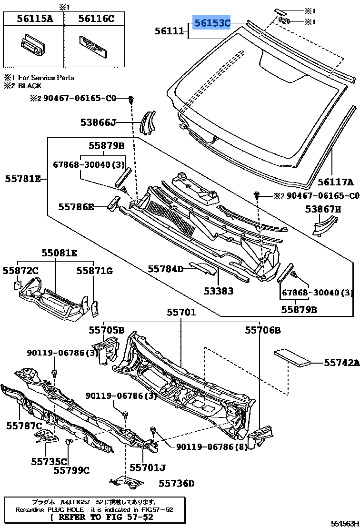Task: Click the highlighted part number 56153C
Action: point(211,22)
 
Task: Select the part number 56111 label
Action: point(169,31)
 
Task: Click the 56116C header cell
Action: point(96,19)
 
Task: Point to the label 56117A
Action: point(336,182)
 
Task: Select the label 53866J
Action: point(98,122)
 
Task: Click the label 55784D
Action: point(165,269)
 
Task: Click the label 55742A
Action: point(341,363)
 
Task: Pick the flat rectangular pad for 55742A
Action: point(293,357)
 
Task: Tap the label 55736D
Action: point(176,483)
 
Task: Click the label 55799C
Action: point(71,470)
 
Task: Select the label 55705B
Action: point(106,330)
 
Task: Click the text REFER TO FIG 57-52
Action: point(101,517)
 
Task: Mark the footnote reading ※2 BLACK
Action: point(23,86)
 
